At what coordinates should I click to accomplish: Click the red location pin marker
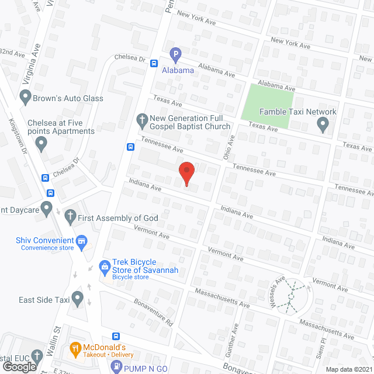pos(186,172)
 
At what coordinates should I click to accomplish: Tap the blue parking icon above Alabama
pos(175,56)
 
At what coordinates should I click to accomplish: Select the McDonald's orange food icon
pos(75,350)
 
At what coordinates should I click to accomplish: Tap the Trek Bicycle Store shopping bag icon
pos(105,266)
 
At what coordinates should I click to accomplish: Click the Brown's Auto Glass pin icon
pos(25,98)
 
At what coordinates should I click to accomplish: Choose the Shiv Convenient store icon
pos(82,240)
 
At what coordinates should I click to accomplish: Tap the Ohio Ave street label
pos(229,148)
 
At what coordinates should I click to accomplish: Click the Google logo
pos(19,366)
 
